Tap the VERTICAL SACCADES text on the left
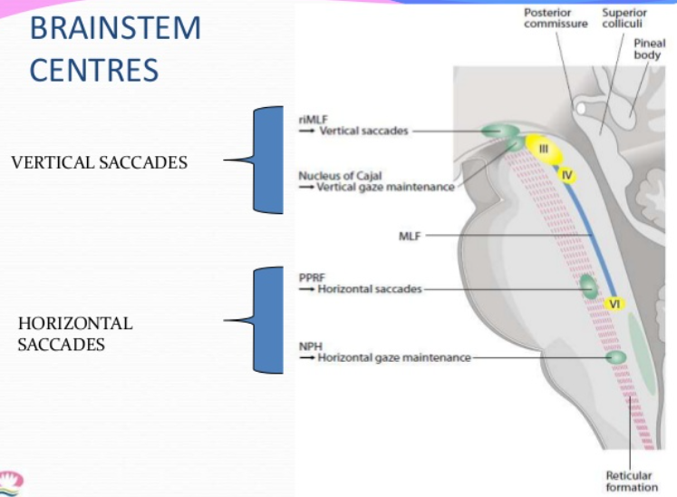coord(100,162)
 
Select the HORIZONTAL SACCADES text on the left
coord(75,334)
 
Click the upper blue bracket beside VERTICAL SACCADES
coord(267,161)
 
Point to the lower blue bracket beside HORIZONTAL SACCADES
coord(267,319)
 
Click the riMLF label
coord(312,118)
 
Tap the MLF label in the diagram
coord(411,235)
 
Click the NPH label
coord(309,346)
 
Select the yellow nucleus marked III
coord(544,148)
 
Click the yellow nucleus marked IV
coord(566,172)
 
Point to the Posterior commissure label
coord(556,18)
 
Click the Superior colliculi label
coord(624,18)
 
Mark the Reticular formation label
coord(632,481)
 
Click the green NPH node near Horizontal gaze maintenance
coord(616,357)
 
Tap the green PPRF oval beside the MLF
coord(588,287)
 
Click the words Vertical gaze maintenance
coord(384,187)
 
